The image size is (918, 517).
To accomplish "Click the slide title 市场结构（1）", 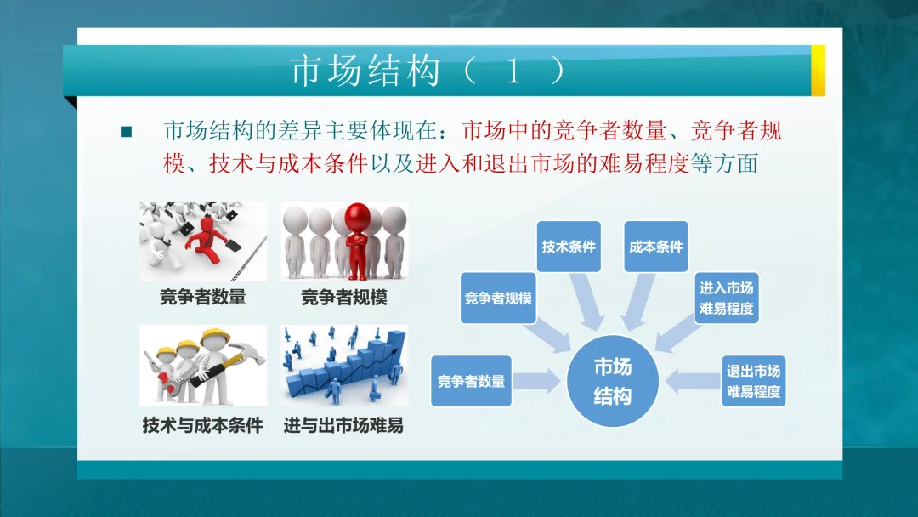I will (428, 71).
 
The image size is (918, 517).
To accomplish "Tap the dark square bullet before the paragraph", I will (127, 132).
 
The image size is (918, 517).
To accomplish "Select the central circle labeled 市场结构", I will (612, 381).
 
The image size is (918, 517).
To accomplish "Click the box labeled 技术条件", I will (569, 247).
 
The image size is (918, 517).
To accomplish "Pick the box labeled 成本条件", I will (655, 247).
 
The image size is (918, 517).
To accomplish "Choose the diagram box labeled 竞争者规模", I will (498, 298).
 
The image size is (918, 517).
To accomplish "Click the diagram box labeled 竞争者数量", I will (471, 381).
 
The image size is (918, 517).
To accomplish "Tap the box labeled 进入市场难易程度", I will (726, 298).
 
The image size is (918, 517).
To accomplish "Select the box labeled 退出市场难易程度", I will (752, 381).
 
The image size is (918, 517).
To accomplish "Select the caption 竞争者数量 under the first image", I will (202, 298).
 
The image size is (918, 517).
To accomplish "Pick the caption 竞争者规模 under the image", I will (343, 298).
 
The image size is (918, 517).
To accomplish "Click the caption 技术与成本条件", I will (202, 425).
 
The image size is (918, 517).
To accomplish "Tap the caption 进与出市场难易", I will (343, 425).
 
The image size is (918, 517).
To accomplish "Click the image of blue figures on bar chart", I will (344, 366).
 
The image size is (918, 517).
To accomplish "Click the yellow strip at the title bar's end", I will (818, 71).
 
